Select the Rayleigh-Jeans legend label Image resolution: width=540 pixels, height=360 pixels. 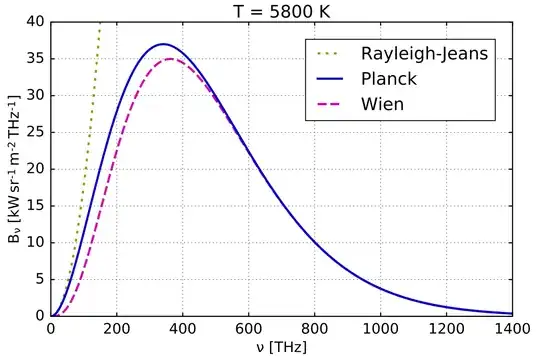424,53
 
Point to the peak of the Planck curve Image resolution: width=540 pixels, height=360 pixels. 164,44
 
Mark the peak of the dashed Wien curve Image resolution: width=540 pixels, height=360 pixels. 170,58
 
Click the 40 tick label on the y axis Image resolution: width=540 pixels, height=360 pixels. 35,21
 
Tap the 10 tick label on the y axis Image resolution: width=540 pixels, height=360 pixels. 35,242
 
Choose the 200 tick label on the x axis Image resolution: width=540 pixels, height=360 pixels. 117,327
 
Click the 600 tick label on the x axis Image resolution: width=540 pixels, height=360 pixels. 249,327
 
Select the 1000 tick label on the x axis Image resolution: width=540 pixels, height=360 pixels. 381,327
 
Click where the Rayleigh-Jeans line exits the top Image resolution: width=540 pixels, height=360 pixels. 100,22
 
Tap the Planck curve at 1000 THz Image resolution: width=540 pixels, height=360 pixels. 381,288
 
